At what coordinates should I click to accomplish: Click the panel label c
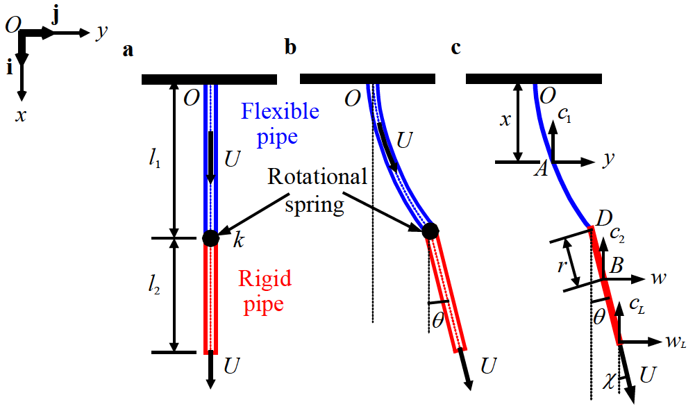click(x=455, y=49)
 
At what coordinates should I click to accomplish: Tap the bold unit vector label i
click(x=9, y=67)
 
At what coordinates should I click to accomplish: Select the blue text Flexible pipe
click(x=280, y=123)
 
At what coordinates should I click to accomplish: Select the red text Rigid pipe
click(x=265, y=291)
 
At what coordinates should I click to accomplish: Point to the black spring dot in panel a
click(x=210, y=238)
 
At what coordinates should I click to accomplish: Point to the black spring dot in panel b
click(x=430, y=231)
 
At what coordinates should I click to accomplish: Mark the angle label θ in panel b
click(x=437, y=321)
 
